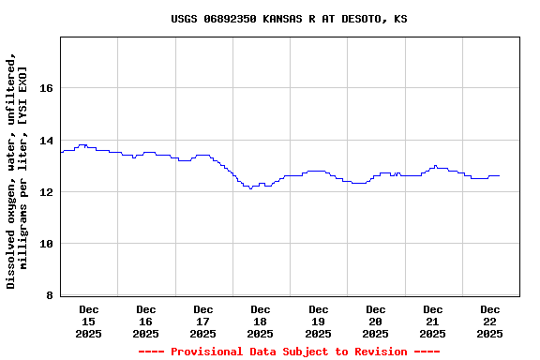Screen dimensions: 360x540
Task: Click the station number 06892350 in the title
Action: pyautogui.click(x=230, y=19)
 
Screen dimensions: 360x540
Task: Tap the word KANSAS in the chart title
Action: pyautogui.click(x=286, y=19)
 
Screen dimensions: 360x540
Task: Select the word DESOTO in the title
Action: pyautogui.click(x=360, y=19)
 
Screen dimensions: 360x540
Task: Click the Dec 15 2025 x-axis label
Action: pyautogui.click(x=89, y=321)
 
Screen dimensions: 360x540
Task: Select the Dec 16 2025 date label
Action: pyautogui.click(x=146, y=321)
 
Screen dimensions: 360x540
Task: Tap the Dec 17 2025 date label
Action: pyautogui.click(x=203, y=321)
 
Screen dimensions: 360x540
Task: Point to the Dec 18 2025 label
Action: pyautogui.click(x=261, y=321)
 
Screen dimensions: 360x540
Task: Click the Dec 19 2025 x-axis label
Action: pyautogui.click(x=319, y=321)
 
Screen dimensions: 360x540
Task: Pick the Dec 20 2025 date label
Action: pyautogui.click(x=376, y=321)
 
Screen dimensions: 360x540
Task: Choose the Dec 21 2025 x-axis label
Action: pyautogui.click(x=433, y=321)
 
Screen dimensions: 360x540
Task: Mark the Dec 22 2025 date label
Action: pyautogui.click(x=489, y=321)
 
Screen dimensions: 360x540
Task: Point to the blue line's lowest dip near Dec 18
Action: pyautogui.click(x=250, y=188)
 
